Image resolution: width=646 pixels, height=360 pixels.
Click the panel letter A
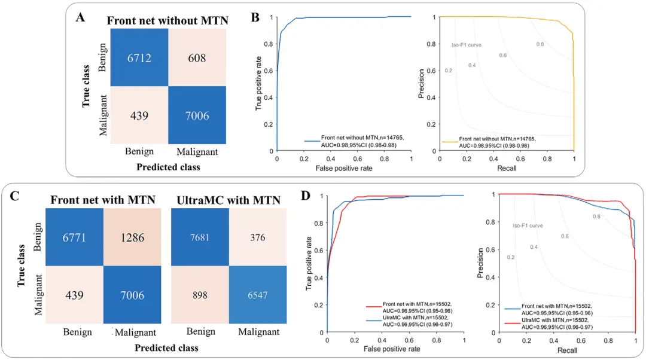click(80, 17)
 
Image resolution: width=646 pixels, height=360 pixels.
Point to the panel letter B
click(255, 17)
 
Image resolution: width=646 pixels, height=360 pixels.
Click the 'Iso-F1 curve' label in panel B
click(467, 45)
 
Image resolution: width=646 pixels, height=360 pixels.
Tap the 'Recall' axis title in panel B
click(507, 169)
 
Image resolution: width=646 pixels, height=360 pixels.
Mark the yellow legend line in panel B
click(449, 142)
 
